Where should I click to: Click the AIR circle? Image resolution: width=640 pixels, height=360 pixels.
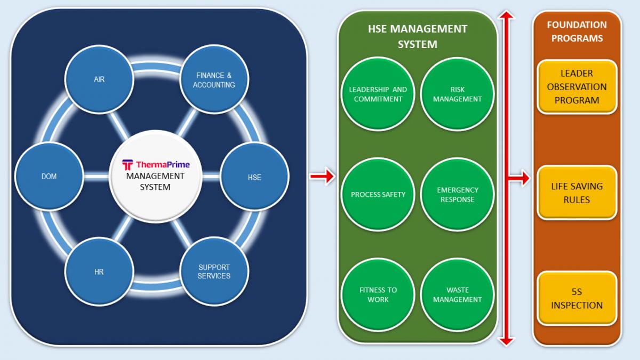(99, 79)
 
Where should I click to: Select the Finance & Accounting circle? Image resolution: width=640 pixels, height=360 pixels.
(214, 79)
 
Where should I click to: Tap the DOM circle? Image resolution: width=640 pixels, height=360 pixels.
(49, 177)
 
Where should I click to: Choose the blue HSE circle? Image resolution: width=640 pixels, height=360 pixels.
(254, 177)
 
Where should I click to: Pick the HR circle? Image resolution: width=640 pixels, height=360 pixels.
(99, 271)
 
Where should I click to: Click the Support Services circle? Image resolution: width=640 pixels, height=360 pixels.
(214, 271)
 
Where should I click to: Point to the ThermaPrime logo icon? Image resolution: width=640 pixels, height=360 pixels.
(127, 165)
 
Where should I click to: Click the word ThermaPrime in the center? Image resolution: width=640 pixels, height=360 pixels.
(163, 165)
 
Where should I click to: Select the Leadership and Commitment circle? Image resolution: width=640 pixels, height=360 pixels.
(378, 94)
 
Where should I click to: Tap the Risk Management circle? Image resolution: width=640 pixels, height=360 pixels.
(457, 94)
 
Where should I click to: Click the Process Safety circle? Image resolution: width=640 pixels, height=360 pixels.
(378, 194)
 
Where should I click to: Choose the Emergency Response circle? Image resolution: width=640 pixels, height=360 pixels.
(457, 194)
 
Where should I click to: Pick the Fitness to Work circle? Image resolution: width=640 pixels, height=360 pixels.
(378, 294)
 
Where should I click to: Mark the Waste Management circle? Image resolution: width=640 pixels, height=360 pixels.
(457, 294)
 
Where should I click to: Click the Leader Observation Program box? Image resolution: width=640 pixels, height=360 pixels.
(577, 87)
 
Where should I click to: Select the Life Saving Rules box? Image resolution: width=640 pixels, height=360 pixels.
(577, 193)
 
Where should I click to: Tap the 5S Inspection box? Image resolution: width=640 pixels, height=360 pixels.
(577, 298)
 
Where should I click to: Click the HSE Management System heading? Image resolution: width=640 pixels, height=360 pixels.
(418, 37)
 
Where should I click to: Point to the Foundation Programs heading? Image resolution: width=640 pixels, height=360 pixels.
(577, 31)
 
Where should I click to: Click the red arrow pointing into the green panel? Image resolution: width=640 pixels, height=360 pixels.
(322, 176)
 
